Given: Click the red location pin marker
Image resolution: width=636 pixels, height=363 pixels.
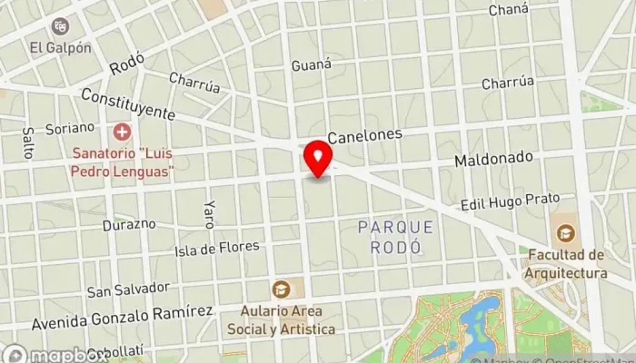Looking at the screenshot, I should tap(318, 159).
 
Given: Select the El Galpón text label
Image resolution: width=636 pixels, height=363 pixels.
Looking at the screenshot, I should tap(61, 47).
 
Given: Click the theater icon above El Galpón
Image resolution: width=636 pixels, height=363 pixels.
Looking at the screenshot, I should tap(61, 26).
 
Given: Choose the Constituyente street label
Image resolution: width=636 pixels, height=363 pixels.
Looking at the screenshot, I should tap(127, 104).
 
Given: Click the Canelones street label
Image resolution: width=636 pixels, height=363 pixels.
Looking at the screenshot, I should tap(364, 135).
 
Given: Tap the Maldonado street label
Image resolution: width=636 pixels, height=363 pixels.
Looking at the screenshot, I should tap(493, 158).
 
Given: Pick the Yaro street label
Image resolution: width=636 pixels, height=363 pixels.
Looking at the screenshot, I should tap(210, 213).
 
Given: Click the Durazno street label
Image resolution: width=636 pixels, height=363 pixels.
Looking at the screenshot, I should tap(122, 224).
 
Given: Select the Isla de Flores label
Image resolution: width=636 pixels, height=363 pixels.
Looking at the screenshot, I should tap(217, 248).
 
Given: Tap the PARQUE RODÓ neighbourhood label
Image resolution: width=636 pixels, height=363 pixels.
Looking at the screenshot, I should tap(396, 236).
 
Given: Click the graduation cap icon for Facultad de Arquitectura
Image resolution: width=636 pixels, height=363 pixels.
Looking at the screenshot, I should tap(565, 233).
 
